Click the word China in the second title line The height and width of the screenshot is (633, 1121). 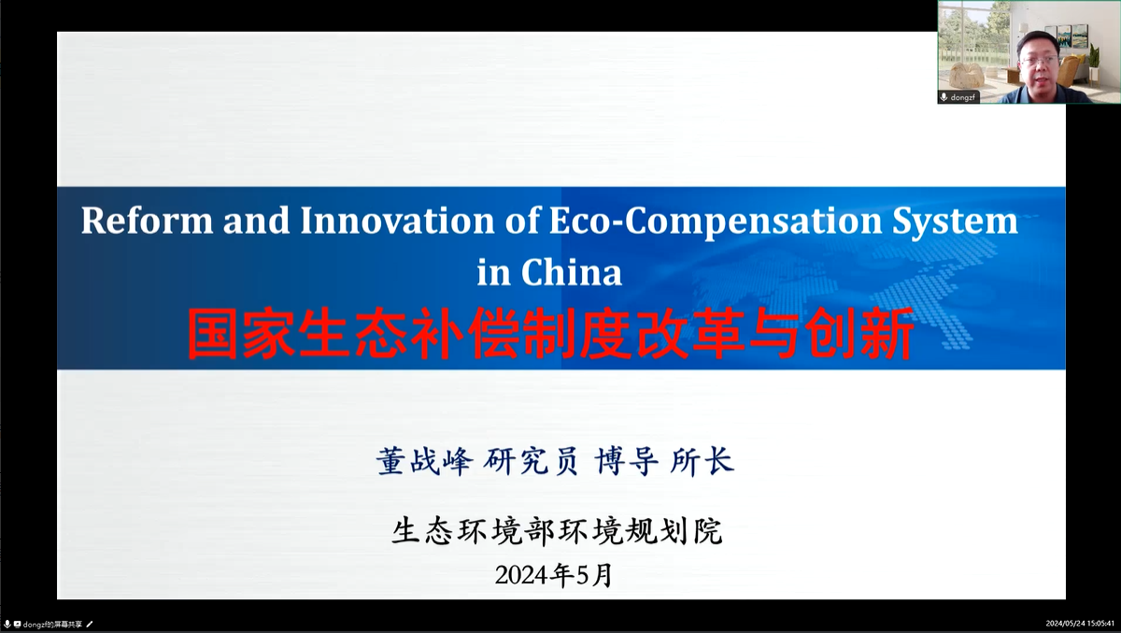pyautogui.click(x=572, y=272)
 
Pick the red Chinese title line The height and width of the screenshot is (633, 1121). pyautogui.click(x=551, y=335)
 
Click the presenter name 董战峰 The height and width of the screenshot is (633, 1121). pyautogui.click(x=425, y=461)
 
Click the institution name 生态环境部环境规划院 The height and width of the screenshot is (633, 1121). pyautogui.click(x=557, y=532)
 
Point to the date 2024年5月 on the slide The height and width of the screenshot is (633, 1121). pyautogui.click(x=554, y=574)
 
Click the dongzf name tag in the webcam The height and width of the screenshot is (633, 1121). pyautogui.click(x=963, y=97)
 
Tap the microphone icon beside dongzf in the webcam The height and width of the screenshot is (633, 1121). pyautogui.click(x=944, y=97)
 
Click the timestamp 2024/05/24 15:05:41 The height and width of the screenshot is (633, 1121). pyautogui.click(x=1080, y=624)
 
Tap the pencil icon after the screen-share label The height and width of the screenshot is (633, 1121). pyautogui.click(x=91, y=624)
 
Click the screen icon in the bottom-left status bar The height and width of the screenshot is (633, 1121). pyautogui.click(x=17, y=624)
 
